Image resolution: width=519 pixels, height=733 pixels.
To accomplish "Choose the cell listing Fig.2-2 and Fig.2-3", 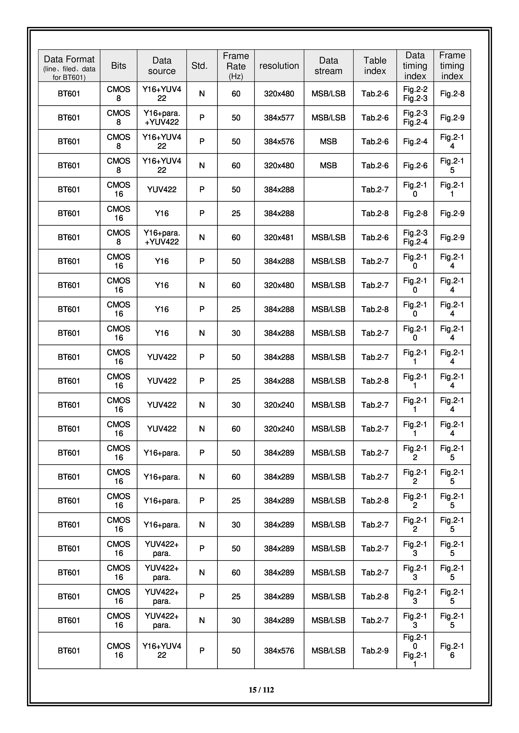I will (x=415, y=94).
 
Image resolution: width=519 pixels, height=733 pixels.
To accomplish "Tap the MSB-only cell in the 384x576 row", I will (x=328, y=142).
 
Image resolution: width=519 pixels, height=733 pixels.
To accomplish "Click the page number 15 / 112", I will (x=261, y=690).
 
